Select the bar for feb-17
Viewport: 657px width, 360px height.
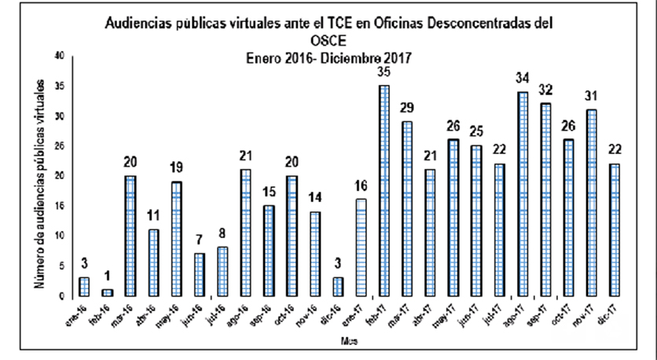[x=384, y=191]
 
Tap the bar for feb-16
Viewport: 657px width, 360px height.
[x=108, y=293]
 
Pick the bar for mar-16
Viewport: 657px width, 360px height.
[x=131, y=236]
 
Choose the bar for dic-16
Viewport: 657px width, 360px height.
[x=339, y=287]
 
